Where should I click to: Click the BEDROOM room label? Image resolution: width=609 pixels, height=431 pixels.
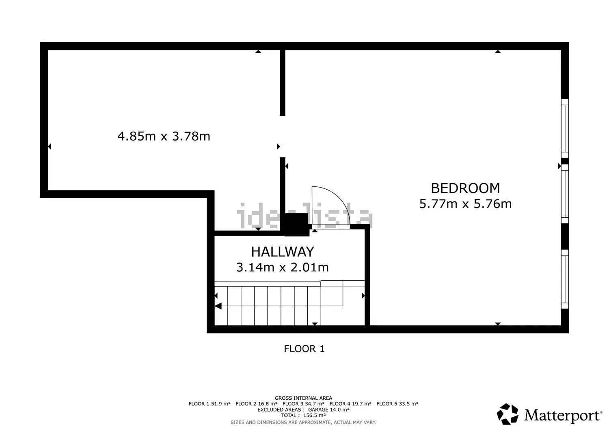[x=465, y=188]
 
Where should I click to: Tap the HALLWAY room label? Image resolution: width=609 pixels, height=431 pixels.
[x=283, y=252]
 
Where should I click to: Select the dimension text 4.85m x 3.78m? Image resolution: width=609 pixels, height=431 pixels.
[x=164, y=136]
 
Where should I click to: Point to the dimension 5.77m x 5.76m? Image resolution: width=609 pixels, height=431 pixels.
[x=465, y=204]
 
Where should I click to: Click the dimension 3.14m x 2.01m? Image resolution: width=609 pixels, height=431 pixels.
[x=283, y=267]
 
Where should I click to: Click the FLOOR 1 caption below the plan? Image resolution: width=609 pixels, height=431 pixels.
[x=304, y=349]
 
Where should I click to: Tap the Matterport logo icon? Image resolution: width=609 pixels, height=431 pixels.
[x=508, y=414]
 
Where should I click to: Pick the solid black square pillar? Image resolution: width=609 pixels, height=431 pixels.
[x=296, y=225]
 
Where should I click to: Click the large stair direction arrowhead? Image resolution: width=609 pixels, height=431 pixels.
[x=218, y=306]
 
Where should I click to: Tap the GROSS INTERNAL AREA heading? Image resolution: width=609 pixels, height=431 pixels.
[x=303, y=398]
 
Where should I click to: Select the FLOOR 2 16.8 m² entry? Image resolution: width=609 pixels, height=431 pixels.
[x=256, y=404]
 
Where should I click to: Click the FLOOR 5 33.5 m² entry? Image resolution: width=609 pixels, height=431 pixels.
[x=397, y=404]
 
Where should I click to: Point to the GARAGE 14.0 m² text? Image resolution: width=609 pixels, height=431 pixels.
[x=328, y=409]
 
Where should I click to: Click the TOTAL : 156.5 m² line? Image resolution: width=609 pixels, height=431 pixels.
[x=303, y=416]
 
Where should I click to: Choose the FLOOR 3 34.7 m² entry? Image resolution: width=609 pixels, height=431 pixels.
[x=303, y=404]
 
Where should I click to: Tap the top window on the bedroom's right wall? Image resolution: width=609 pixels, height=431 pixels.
[x=565, y=128]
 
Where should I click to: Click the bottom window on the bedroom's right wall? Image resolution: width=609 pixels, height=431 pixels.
[x=565, y=279]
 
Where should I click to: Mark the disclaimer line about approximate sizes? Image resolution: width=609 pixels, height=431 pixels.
[x=303, y=422]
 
